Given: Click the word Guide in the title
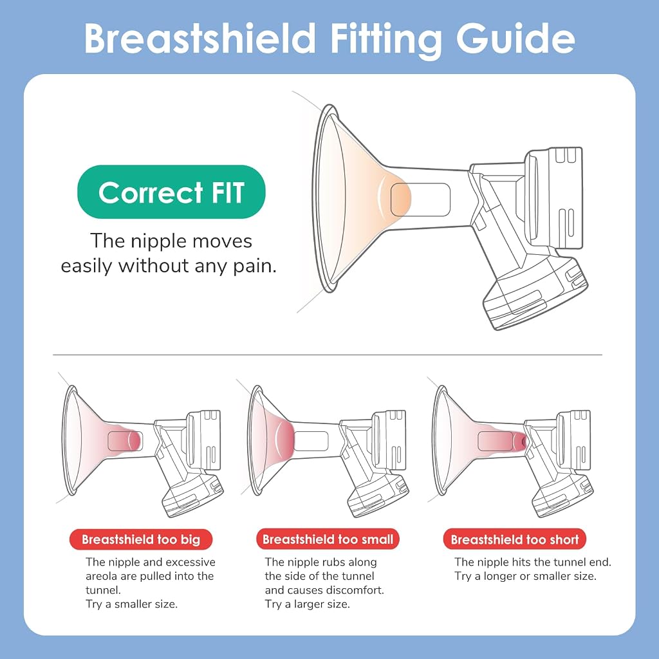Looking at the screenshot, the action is point(515,39).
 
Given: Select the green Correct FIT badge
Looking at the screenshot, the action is point(171,192).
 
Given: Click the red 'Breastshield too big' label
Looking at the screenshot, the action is point(141,539).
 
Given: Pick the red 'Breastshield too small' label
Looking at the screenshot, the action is point(328,539).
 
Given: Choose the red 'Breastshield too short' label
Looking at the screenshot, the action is point(515,539).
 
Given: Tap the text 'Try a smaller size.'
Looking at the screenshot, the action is point(131,604).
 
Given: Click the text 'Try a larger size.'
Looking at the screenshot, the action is point(307,604).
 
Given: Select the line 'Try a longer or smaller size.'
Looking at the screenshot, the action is point(525,576).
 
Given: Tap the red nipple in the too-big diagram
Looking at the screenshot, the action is point(134,441).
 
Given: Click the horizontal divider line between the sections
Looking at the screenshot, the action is point(328,355).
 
